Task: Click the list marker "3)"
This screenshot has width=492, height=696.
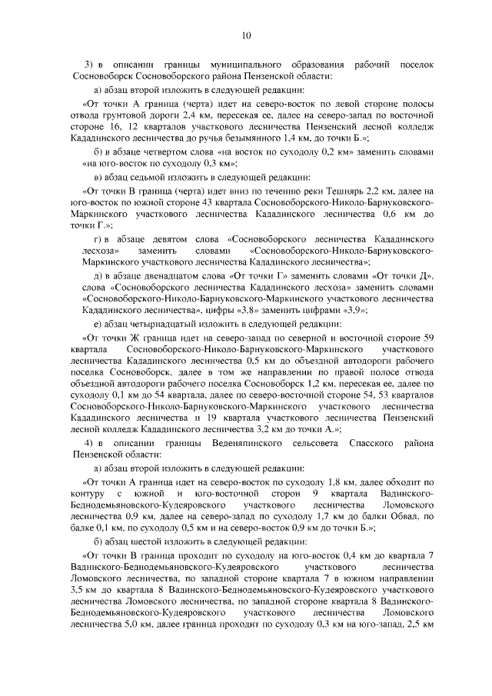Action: (89, 62)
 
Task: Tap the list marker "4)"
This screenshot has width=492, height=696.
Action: (89, 444)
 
